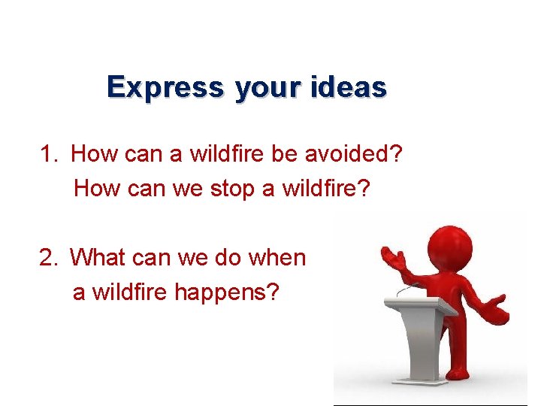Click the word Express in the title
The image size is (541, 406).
click(165, 88)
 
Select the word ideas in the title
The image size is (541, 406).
click(349, 88)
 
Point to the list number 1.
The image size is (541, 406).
click(48, 155)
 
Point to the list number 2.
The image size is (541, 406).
click(49, 258)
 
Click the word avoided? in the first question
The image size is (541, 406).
click(354, 155)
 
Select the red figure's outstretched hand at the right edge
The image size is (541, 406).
click(496, 307)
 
